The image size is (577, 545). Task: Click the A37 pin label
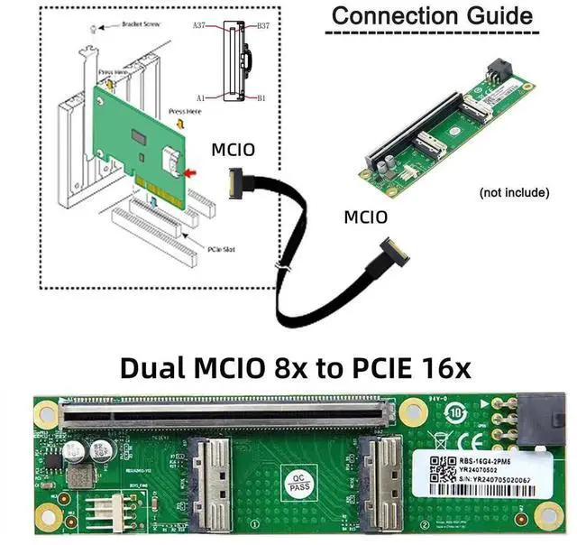point(200,27)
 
